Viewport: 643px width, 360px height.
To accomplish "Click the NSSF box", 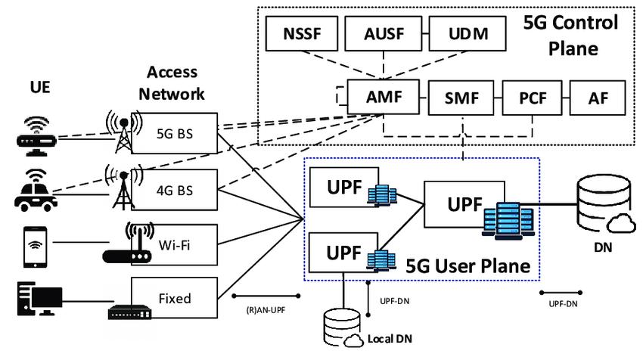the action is [x=302, y=33].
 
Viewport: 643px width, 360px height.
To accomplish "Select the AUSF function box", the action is [x=384, y=33].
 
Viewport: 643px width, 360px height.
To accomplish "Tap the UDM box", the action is [x=467, y=33].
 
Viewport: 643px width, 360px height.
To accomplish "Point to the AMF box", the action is [x=384, y=97].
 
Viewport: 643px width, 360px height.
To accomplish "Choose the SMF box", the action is [x=461, y=98].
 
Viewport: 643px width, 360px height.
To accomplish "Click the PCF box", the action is [x=533, y=98].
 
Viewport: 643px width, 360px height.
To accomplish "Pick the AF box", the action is [x=598, y=98].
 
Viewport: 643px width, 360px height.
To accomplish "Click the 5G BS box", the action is [x=174, y=133].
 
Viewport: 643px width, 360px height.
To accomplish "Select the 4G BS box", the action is [x=174, y=190].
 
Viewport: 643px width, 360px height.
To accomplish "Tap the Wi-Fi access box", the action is [x=174, y=245].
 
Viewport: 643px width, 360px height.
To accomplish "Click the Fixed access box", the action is [x=174, y=298].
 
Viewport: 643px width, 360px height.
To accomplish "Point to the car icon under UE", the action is [x=36, y=191].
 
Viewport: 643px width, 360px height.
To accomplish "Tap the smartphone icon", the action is [x=36, y=247].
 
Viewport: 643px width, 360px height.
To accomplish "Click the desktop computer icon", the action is [x=40, y=299].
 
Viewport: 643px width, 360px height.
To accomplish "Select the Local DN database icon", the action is [x=343, y=327].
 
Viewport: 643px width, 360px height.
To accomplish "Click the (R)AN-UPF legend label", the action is [x=266, y=310].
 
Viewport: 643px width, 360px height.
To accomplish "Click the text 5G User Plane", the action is [x=468, y=266].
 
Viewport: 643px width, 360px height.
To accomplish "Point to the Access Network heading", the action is [x=172, y=83].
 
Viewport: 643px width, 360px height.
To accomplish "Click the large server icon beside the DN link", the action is [x=508, y=221].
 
